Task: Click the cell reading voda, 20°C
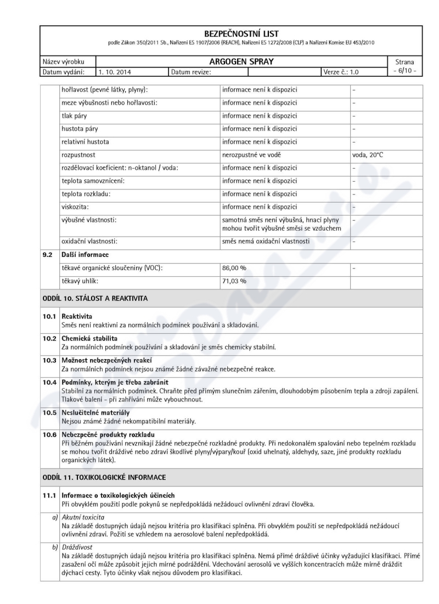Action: (x=368, y=155)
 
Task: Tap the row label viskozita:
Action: (x=75, y=207)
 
